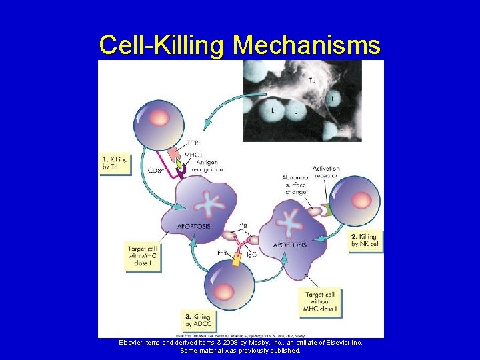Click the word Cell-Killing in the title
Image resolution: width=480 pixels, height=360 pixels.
pos(163,45)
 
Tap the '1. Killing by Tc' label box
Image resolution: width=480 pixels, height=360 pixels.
pos(115,163)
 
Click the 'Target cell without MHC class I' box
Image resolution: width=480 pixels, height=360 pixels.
pos(320,301)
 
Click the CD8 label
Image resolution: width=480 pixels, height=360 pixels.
pos(154,171)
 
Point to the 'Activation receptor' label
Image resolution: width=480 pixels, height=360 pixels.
pos(325,172)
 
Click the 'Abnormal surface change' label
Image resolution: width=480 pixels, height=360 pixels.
pos(295,185)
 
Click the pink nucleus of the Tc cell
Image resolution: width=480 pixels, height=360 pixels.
pos(159,119)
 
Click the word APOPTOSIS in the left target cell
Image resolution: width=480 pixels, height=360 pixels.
pos(193,227)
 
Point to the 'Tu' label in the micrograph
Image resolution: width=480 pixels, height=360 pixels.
pos(312,81)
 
